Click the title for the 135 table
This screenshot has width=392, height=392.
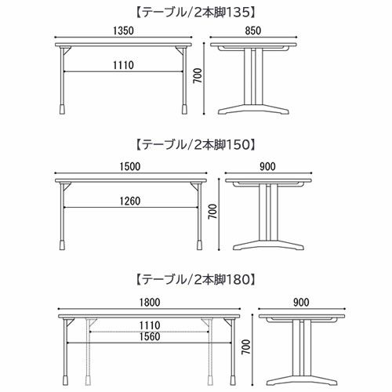point(195,13)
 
